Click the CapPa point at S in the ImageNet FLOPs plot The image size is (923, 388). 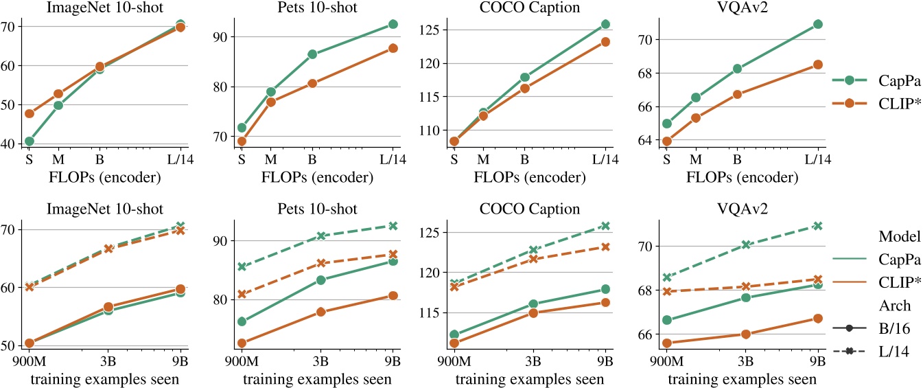pyautogui.click(x=30, y=141)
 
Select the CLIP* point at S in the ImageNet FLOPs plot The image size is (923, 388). pyautogui.click(x=30, y=113)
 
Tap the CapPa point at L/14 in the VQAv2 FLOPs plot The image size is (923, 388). pyautogui.click(x=817, y=24)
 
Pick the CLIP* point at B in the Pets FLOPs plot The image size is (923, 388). pyautogui.click(x=312, y=84)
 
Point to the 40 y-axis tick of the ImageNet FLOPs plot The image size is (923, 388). pyautogui.click(x=11, y=144)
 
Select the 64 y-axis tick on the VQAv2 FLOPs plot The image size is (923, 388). pyautogui.click(x=644, y=141)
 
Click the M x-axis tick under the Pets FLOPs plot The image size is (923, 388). pyautogui.click(x=270, y=159)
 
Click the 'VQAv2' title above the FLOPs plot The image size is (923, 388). pyautogui.click(x=739, y=8)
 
